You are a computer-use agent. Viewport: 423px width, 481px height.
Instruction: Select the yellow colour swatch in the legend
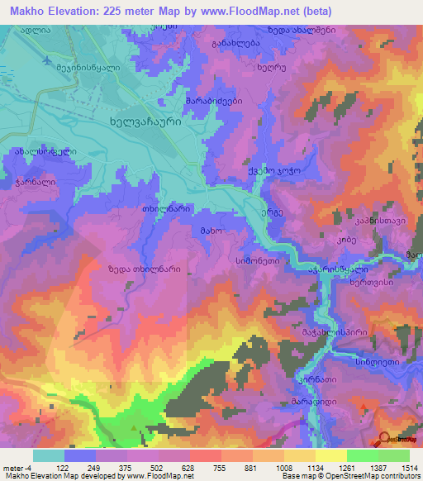coord(331,455)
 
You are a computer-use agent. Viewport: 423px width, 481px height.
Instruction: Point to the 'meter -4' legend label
coord(16,467)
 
